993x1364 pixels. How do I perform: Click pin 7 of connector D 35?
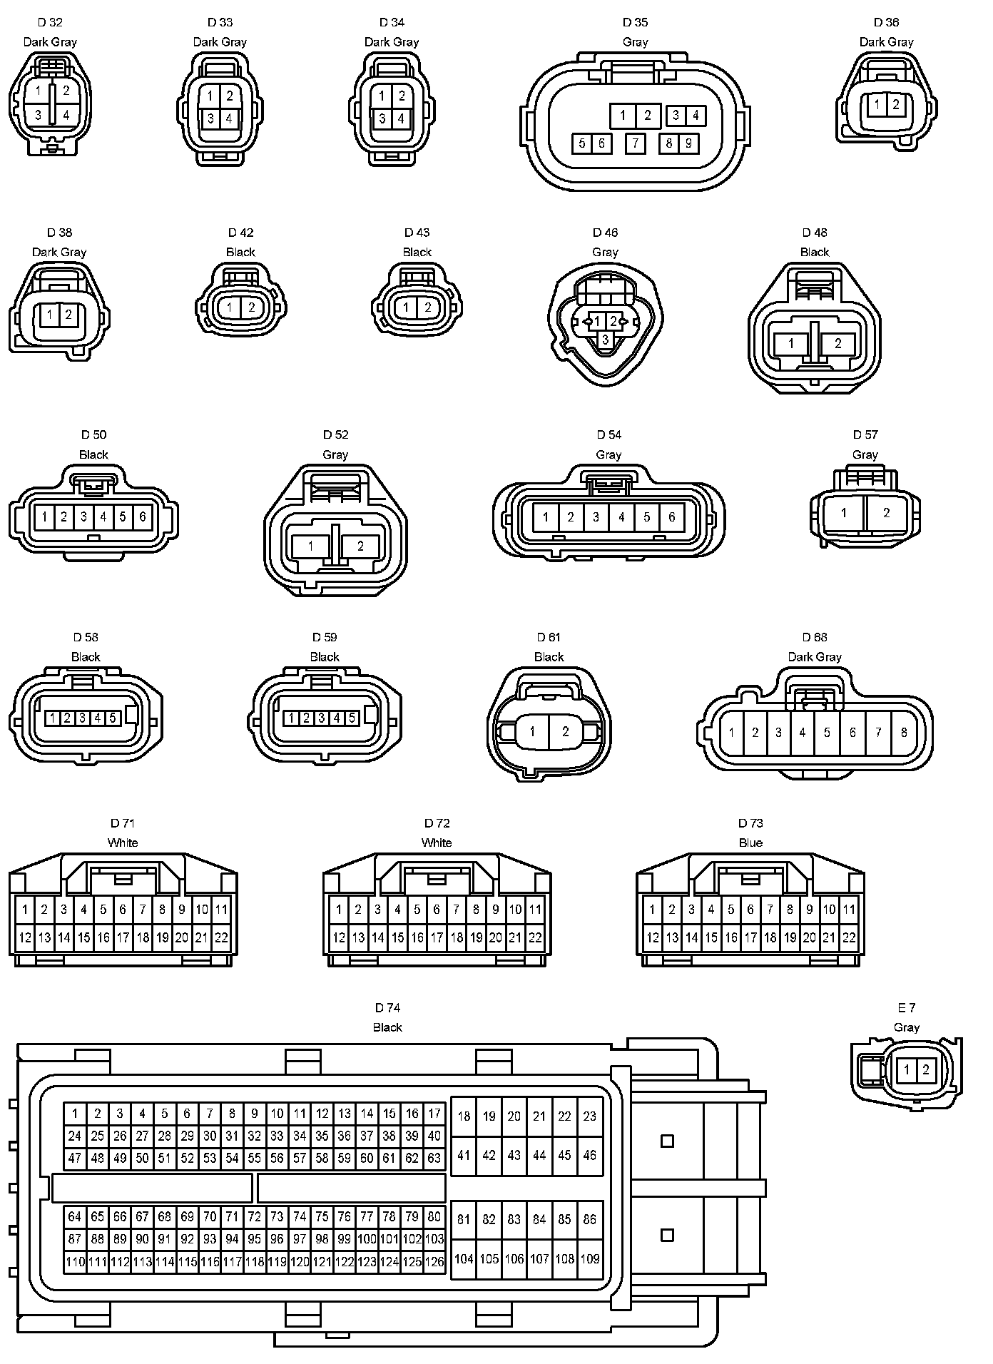[x=635, y=143]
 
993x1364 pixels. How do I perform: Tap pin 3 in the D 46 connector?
[x=606, y=340]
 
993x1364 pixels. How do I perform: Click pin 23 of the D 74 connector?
[x=589, y=1116]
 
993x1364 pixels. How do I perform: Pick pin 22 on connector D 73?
[x=849, y=937]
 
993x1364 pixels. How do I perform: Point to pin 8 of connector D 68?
[x=904, y=732]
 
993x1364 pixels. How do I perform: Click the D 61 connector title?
[x=549, y=637]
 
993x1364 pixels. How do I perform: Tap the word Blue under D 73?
[x=750, y=843]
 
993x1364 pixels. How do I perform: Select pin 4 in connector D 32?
[x=66, y=114]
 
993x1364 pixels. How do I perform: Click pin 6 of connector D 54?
[x=671, y=516]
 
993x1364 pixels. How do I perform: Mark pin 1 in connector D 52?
[x=310, y=546]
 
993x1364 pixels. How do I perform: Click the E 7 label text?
[x=906, y=1007]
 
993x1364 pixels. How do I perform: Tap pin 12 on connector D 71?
[x=25, y=937]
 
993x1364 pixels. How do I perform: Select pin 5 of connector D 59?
[x=351, y=718]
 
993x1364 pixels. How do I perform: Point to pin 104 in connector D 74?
[x=464, y=1259]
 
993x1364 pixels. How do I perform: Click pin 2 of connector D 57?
[x=887, y=512]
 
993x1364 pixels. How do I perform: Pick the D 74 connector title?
[x=387, y=1007]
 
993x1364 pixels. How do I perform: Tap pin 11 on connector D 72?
[x=535, y=909]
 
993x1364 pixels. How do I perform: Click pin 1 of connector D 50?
[x=44, y=516]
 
